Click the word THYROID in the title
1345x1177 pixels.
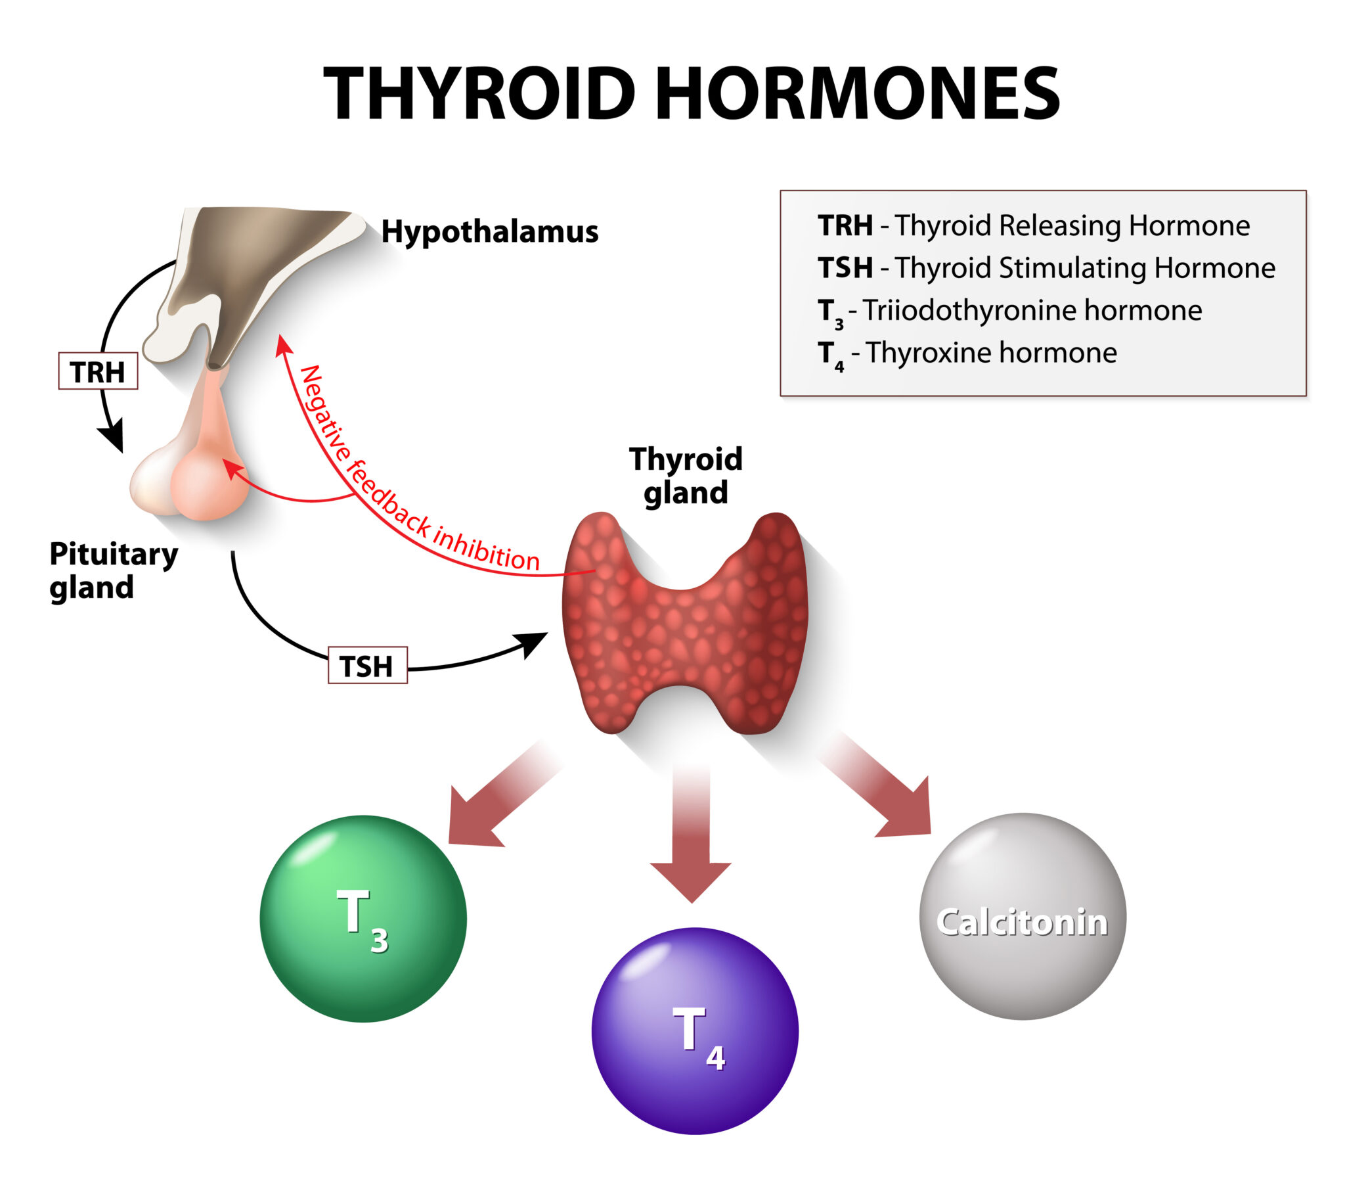click(479, 94)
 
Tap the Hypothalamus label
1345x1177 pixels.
click(489, 231)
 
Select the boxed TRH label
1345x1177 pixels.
click(98, 372)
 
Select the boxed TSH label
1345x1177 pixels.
click(367, 666)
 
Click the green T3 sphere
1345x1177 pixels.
click(363, 919)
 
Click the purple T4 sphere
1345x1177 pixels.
click(695, 1031)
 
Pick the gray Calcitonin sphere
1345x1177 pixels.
click(1023, 917)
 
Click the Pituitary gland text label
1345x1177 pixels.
click(113, 570)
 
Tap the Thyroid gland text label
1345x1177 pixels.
click(686, 475)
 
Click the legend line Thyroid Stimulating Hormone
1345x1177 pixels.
click(1046, 268)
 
